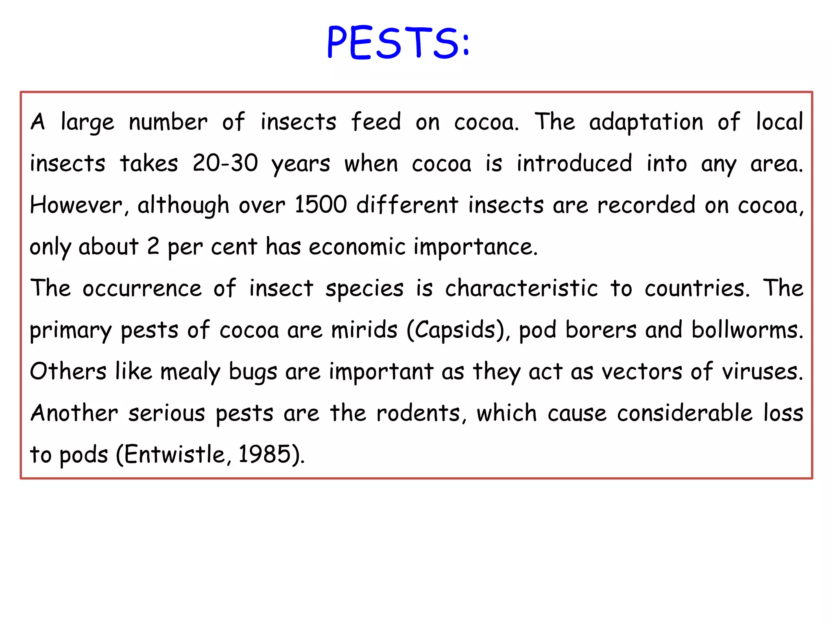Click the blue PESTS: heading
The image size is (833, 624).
398,43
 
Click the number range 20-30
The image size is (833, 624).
225,163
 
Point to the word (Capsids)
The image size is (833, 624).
458,329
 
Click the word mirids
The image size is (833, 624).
364,329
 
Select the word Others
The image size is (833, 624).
68,371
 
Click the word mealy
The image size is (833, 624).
190,372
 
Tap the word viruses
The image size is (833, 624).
762,371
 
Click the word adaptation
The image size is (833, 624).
646,121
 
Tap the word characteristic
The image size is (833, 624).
521,288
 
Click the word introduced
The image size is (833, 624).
574,163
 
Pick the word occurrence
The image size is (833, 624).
142,288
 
